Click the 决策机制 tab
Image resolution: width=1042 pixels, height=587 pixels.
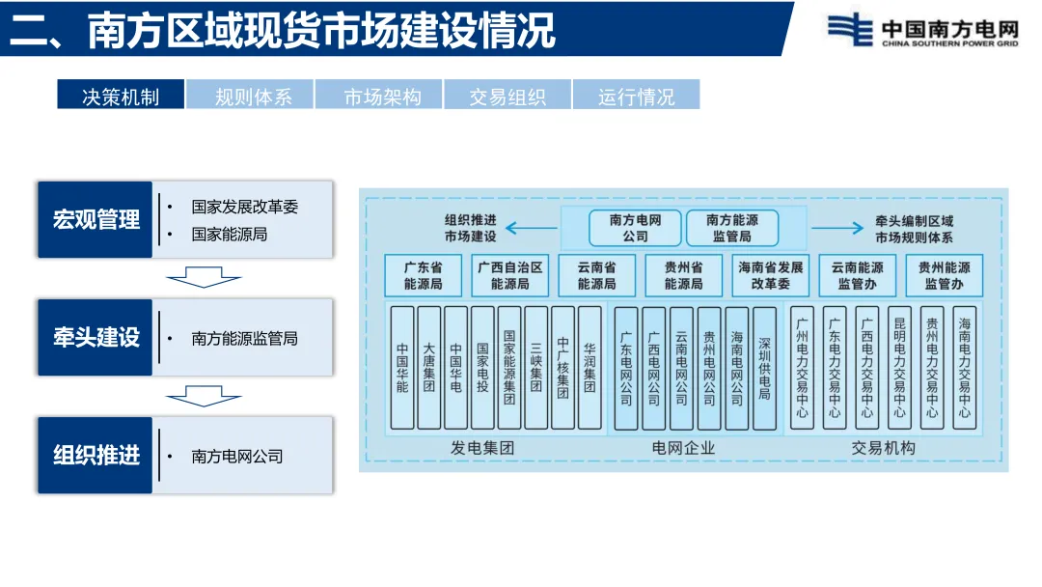(x=121, y=96)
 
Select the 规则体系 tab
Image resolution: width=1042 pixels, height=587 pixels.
(x=251, y=96)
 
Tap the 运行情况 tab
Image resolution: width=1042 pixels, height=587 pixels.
(x=636, y=96)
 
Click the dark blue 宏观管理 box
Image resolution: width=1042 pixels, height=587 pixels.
(x=96, y=220)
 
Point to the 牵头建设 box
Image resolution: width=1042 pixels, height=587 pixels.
(x=96, y=337)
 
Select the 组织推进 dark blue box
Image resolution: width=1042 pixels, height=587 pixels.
(x=96, y=455)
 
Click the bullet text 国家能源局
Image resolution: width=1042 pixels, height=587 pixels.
(x=229, y=234)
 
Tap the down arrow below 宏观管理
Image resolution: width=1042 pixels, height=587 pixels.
(x=204, y=279)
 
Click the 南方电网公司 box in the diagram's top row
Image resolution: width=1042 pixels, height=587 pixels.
(x=635, y=228)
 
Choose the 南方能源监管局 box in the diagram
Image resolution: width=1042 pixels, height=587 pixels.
(x=731, y=228)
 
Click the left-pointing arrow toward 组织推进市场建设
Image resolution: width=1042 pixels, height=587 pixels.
(x=532, y=229)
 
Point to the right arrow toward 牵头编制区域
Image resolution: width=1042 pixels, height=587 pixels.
(x=836, y=229)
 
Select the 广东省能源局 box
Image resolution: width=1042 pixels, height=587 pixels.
(x=423, y=275)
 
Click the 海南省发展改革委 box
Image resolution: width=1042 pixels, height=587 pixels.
(x=770, y=275)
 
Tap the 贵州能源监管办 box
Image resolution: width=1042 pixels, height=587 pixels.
(x=944, y=275)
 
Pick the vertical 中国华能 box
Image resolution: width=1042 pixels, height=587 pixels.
(x=402, y=368)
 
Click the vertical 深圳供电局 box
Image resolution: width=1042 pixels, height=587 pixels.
(x=764, y=368)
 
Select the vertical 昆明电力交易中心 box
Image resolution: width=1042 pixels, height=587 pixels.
(x=899, y=368)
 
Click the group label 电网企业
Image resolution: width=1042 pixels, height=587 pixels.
(x=684, y=448)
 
